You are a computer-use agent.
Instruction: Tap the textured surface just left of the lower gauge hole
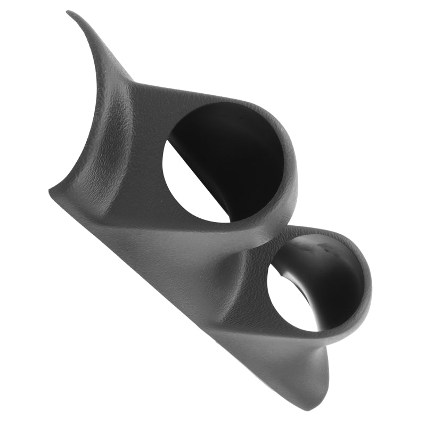coord(250,288)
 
